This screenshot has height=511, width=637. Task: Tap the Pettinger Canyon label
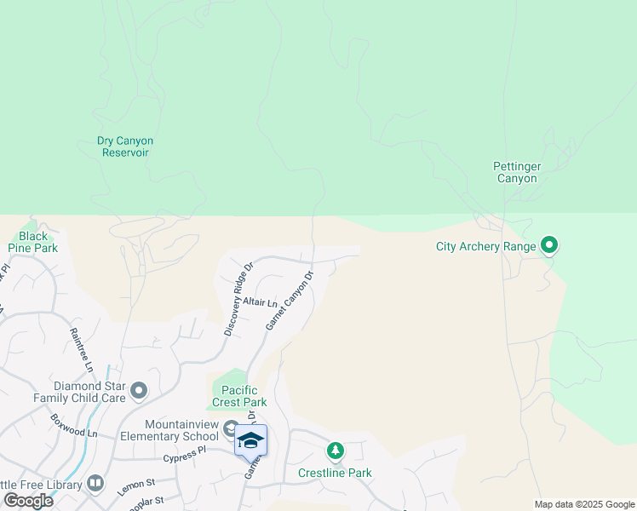[x=516, y=173]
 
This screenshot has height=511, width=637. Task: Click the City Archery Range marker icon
[x=549, y=247]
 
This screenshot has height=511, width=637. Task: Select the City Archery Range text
[x=485, y=247]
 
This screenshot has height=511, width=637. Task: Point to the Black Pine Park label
[x=33, y=242]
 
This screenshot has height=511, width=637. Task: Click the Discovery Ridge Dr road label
[x=239, y=298]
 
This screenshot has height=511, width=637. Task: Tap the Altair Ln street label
[x=261, y=302]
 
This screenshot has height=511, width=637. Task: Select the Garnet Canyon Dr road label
[x=290, y=300]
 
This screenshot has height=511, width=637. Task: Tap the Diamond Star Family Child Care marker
[x=139, y=392]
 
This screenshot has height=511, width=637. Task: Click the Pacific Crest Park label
[x=238, y=396]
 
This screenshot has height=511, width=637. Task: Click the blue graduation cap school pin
[x=250, y=439]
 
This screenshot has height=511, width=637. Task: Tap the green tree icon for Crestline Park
[x=336, y=450]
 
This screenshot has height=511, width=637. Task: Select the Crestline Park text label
[x=335, y=473]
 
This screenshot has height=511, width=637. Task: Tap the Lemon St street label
[x=134, y=487]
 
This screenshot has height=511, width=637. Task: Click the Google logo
[x=28, y=500]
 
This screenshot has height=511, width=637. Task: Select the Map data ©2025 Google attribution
[x=583, y=504]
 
